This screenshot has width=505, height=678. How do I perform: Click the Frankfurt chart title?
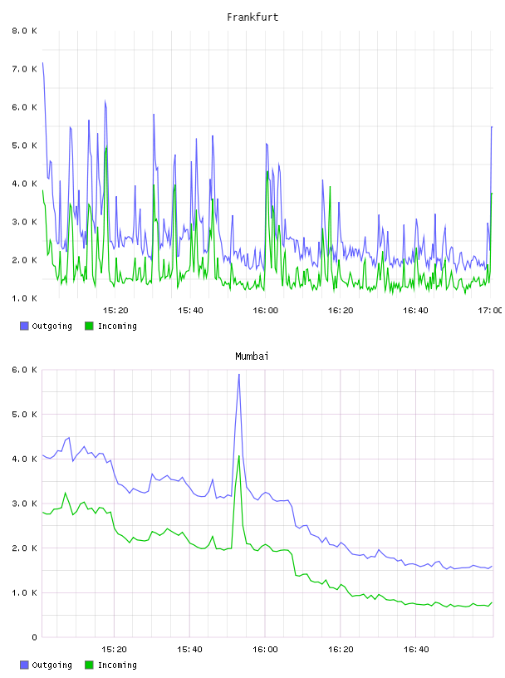[x=252, y=17]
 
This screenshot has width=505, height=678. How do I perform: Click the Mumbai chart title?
[x=252, y=356]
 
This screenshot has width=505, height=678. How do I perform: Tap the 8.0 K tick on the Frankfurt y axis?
[x=24, y=31]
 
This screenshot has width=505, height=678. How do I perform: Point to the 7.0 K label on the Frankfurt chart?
[x=24, y=69]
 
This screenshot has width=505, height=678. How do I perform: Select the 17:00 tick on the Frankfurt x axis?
[x=490, y=310]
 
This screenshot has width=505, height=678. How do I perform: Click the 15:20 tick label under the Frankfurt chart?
[x=115, y=310]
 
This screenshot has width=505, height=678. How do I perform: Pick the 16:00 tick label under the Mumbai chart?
[x=265, y=649]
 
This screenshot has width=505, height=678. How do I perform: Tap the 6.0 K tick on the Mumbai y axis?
[x=24, y=370]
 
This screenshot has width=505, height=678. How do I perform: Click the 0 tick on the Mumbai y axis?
[x=34, y=637]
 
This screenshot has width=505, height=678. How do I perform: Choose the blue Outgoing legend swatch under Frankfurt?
[x=24, y=326]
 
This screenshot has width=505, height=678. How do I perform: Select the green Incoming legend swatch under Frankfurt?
[x=89, y=326]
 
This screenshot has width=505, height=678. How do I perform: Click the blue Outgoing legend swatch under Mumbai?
[x=24, y=665]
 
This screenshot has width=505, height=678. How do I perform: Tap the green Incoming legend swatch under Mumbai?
[x=89, y=665]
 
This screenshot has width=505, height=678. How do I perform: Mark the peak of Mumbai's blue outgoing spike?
[x=238, y=375]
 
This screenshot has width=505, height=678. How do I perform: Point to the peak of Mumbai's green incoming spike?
[x=238, y=455]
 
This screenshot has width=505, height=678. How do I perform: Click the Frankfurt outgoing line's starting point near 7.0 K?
[x=42, y=62]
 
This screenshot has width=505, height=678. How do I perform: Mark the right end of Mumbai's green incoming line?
[x=492, y=602]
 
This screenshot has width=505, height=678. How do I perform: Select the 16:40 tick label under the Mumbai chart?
[x=416, y=649]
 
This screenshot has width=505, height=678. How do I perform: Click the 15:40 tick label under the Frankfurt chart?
[x=190, y=310]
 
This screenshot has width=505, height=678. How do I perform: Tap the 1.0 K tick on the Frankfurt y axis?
[x=24, y=298]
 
